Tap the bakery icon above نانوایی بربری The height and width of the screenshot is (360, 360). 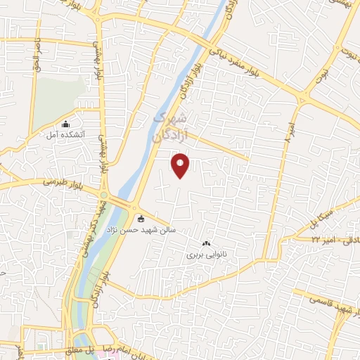206,243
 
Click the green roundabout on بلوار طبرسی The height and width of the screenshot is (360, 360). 104,195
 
